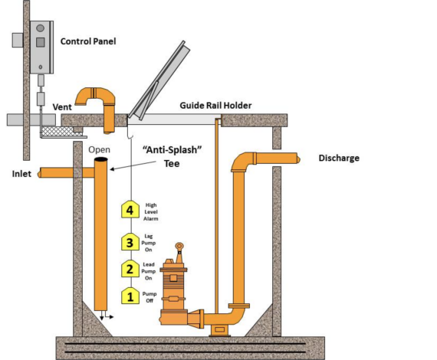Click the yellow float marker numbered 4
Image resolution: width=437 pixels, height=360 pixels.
[x=130, y=209]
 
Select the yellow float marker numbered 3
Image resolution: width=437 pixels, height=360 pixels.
[x=130, y=243]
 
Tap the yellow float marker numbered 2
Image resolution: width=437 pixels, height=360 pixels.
[x=130, y=269]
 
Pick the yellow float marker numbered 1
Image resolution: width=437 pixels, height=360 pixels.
[x=130, y=295]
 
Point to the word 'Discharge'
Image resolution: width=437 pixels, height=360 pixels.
[x=338, y=159]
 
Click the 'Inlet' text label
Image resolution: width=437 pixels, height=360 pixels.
[x=21, y=174]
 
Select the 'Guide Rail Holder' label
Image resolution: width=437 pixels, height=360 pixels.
[x=215, y=105]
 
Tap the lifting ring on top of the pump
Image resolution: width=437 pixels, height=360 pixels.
[x=179, y=247]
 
